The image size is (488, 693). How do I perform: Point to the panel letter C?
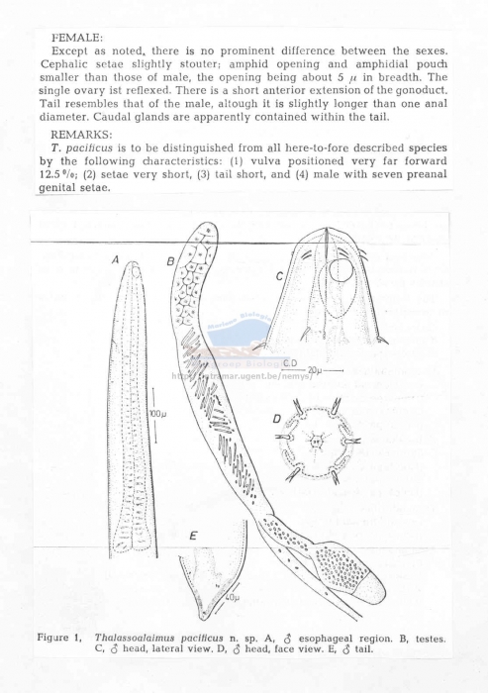point(280,278)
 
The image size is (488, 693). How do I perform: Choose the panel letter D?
point(278,420)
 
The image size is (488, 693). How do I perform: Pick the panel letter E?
point(193,537)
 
